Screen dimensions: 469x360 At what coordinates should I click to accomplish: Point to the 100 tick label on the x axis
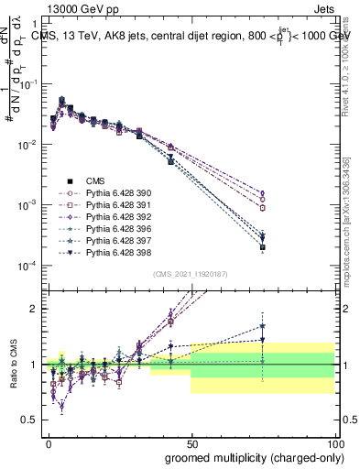(336, 442)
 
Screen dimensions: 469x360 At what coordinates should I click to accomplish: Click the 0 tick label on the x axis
(48, 442)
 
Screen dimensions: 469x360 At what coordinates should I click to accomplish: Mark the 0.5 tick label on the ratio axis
(32, 420)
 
